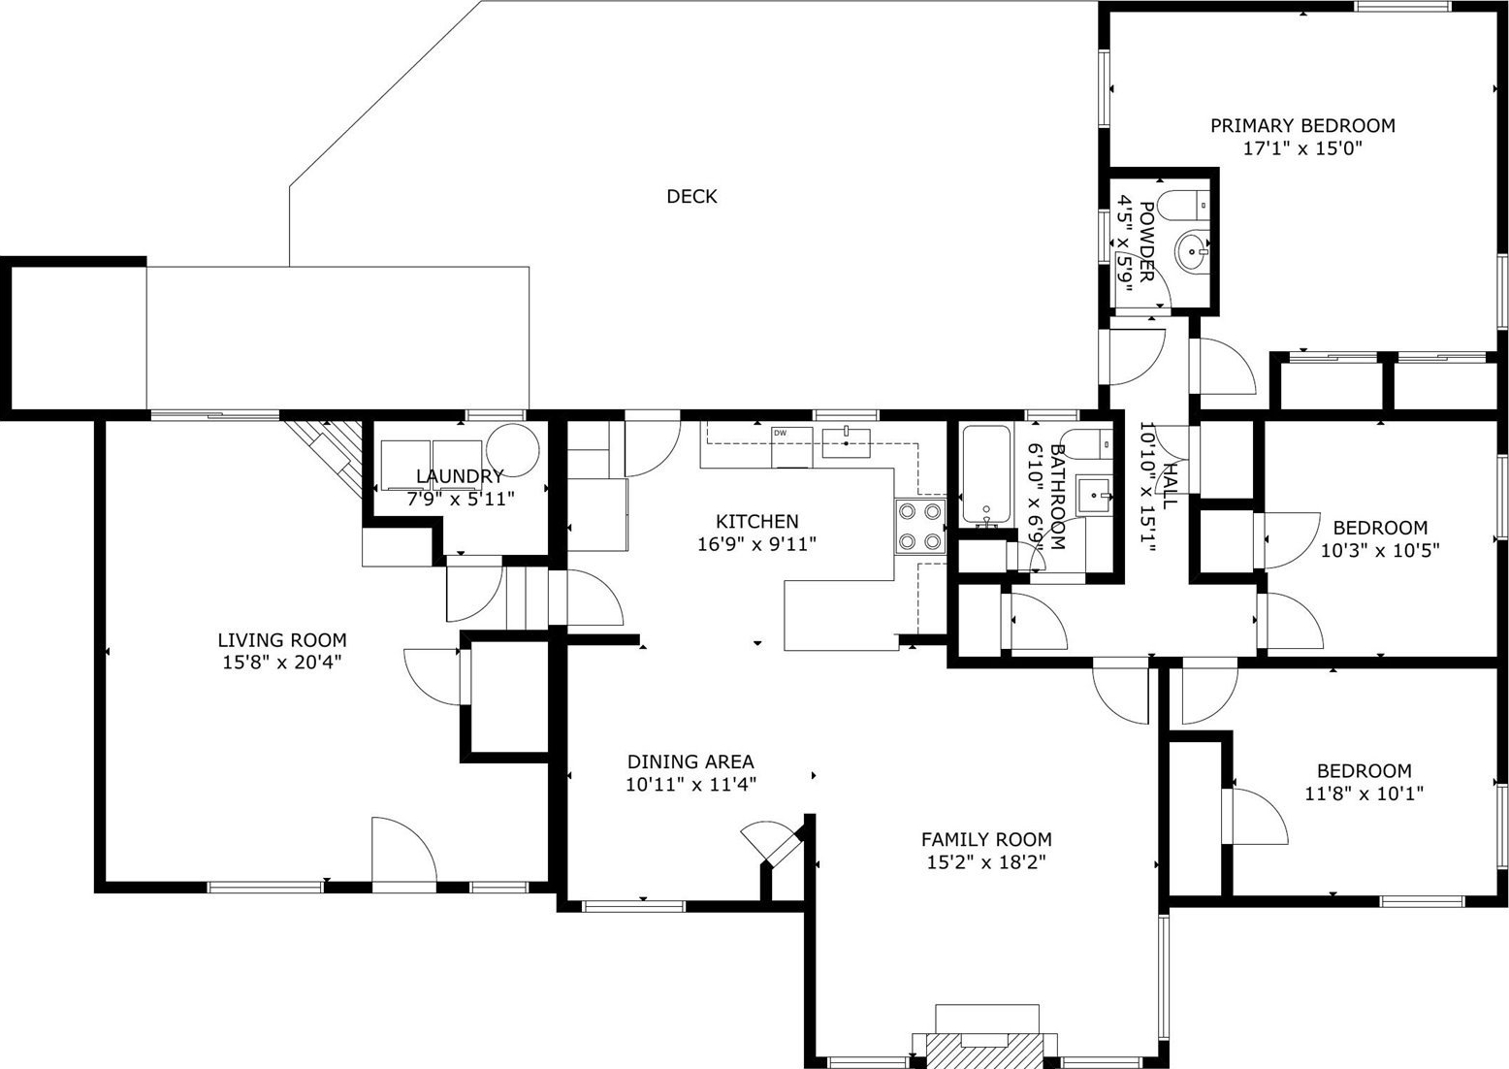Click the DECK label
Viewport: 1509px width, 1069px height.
(691, 196)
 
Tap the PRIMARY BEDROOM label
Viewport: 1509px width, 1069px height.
(1302, 125)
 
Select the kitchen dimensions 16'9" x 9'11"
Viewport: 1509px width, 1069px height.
(757, 544)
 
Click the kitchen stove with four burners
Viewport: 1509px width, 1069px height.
(920, 527)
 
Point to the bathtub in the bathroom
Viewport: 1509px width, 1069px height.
(986, 474)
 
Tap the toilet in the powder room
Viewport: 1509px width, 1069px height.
(1186, 205)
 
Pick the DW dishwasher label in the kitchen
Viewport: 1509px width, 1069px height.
(780, 433)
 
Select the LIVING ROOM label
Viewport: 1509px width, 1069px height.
(282, 639)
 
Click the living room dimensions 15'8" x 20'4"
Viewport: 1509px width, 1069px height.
(282, 663)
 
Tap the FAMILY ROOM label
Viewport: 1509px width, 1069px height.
(986, 839)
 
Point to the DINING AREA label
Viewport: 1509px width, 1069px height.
(690, 761)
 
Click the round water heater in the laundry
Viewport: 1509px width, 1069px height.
(513, 450)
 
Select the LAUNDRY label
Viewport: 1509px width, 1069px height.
(460, 476)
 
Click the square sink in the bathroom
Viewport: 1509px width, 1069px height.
(1093, 495)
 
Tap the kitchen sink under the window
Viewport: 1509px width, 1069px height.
(846, 443)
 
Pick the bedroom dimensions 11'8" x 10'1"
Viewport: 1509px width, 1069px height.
(1365, 794)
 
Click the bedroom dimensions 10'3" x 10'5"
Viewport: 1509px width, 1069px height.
(1380, 551)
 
